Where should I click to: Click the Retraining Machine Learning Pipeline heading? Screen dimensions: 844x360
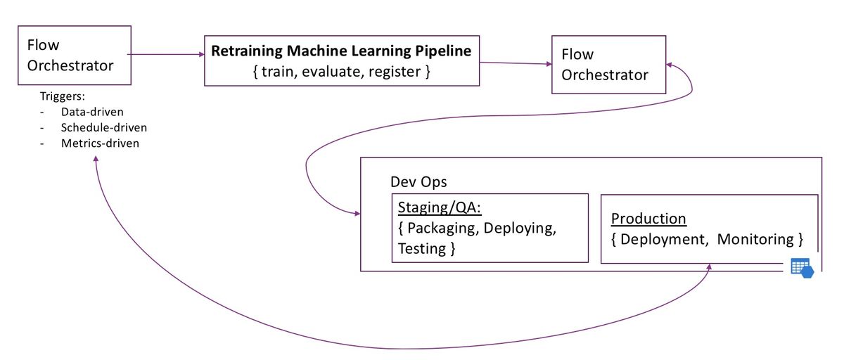341,51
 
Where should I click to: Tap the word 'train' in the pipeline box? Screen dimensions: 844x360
278,72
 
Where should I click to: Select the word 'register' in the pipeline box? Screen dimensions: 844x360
395,72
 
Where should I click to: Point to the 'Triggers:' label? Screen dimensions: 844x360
63,96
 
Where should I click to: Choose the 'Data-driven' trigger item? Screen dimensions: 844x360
92,112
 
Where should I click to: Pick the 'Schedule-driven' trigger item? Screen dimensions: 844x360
104,128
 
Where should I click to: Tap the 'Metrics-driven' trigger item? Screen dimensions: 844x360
100,143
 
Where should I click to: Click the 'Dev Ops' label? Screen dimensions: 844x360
418,182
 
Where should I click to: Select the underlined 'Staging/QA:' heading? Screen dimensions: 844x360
440,207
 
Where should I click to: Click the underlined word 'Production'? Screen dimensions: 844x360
648,219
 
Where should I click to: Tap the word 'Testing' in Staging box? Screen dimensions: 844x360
422,248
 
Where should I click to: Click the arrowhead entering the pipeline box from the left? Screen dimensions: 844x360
202,55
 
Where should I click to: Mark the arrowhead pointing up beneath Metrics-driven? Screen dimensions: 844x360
96,159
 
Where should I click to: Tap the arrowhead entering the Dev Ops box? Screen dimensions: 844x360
357,214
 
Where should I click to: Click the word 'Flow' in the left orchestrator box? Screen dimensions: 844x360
43,45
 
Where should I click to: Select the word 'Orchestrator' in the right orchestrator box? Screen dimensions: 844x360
605,75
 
